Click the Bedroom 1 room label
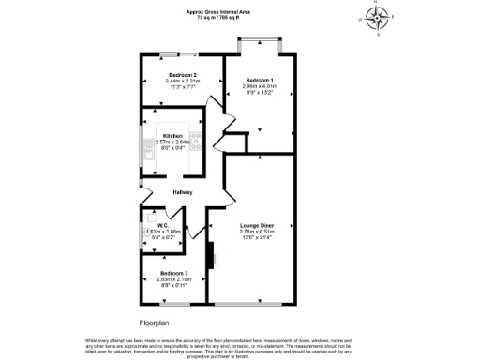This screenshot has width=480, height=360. click(x=260, y=80)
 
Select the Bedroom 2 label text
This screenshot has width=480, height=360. click(x=182, y=74)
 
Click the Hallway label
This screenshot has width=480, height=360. click(x=182, y=192)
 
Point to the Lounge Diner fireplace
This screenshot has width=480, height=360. click(x=212, y=253)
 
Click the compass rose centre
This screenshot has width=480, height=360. click(x=378, y=18)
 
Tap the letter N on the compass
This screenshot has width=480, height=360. click(x=378, y=4)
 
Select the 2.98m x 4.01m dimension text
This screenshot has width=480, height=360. click(x=260, y=86)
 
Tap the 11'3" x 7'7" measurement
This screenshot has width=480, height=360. click(x=182, y=86)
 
